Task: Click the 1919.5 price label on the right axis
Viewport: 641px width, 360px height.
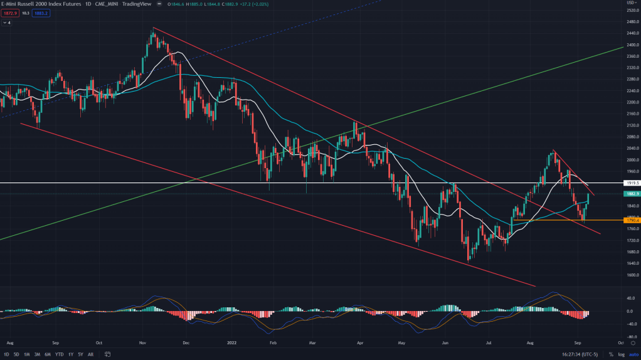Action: click(632, 183)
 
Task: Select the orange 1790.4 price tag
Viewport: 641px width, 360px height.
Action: click(632, 220)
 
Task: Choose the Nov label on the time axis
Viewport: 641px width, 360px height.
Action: click(143, 344)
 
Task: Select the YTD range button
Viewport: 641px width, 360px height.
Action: click(59, 354)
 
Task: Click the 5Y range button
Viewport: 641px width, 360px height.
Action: click(80, 354)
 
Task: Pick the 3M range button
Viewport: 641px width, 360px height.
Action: click(37, 354)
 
